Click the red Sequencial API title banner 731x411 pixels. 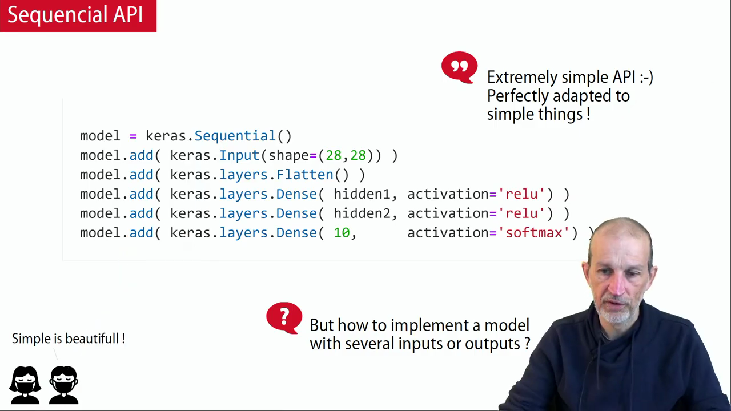(x=78, y=15)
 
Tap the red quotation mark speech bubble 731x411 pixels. (x=460, y=67)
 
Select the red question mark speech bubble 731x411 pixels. (x=284, y=318)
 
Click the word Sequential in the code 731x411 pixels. (x=235, y=136)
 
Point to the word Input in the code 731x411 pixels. (x=239, y=156)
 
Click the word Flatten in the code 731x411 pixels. (x=305, y=175)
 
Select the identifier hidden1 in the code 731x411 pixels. (x=362, y=194)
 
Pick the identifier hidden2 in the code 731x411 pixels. (x=362, y=213)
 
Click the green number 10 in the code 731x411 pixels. (x=342, y=233)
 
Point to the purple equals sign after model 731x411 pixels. (x=133, y=136)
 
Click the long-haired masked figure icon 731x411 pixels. (x=25, y=385)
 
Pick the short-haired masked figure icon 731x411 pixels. (x=64, y=385)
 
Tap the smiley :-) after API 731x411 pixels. (x=646, y=78)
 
